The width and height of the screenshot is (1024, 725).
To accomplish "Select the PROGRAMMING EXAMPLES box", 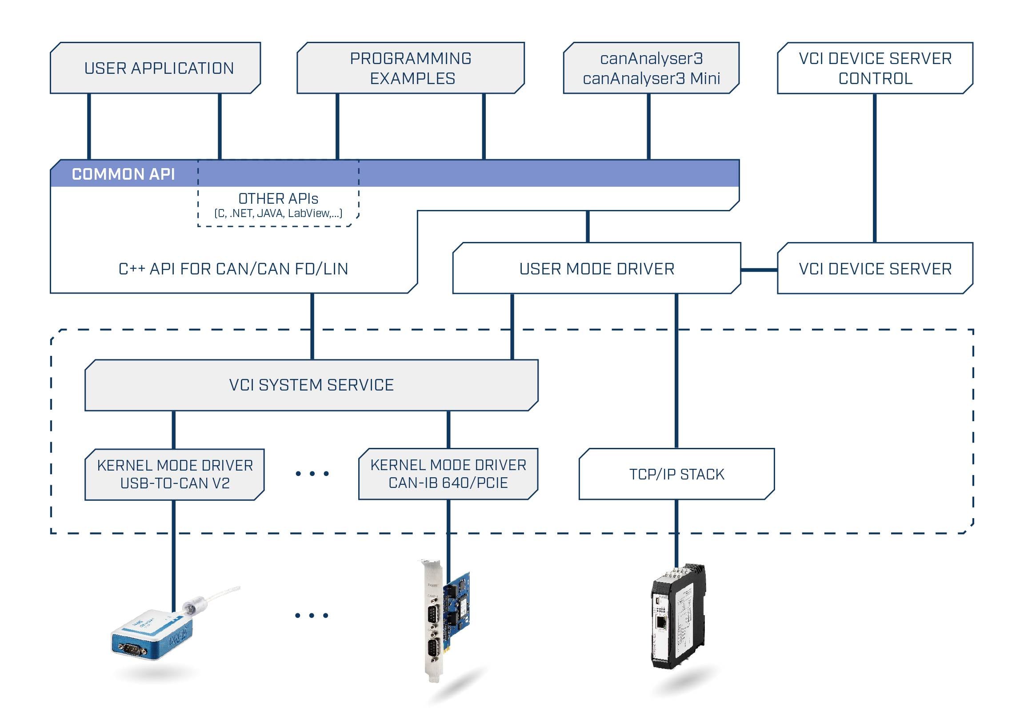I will coord(410,68).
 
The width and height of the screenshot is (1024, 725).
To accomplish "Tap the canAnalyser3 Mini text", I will coord(651,79).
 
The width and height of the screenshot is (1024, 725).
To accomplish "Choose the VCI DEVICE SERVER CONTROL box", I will coord(875,68).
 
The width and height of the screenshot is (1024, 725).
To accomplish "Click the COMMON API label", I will coord(123,174).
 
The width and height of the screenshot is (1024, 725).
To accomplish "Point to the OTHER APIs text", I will coord(278,199).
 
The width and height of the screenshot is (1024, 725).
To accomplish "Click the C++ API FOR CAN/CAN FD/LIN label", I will coord(233,269).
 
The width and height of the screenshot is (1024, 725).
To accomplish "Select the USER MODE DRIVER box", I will coord(597,269).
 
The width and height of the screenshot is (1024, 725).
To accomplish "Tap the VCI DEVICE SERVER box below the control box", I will coord(875,269).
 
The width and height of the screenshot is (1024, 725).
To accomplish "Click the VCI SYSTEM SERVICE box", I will coord(311,385).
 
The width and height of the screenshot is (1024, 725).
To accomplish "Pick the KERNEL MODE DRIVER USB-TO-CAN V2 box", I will coord(175,474).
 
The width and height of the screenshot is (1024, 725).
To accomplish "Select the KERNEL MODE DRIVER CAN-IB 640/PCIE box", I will coord(448,474).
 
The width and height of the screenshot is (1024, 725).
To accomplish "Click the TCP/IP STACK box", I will coord(676,474).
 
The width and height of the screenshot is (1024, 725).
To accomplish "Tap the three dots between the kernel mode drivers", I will coord(312,473).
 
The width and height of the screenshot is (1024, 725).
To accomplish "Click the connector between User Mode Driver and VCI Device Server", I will coord(759,270).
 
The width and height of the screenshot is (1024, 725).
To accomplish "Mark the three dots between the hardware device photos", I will coord(312,615).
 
